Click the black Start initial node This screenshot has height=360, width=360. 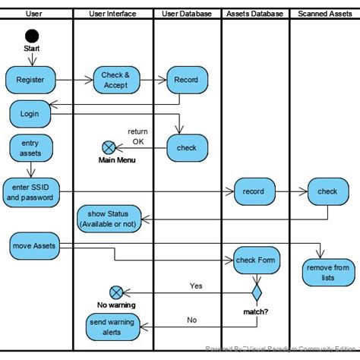pos(31,36)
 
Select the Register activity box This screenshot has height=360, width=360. pos(30,78)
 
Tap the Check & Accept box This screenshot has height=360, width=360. pos(116,80)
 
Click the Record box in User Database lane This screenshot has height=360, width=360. pos(186,80)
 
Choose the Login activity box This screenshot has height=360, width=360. pos(30,114)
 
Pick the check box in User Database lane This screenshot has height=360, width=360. pos(186,148)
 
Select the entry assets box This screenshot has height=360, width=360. pos(30,148)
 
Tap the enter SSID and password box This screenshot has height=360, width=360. pos(30,192)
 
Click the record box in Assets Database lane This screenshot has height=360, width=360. pos(254,191)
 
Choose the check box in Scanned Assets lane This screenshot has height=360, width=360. pos(327,191)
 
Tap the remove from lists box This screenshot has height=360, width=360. pos(327,272)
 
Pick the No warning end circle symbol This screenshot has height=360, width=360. pos(116,292)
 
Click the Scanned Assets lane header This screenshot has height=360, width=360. pos(324,14)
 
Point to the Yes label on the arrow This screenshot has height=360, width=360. pos(196,286)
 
